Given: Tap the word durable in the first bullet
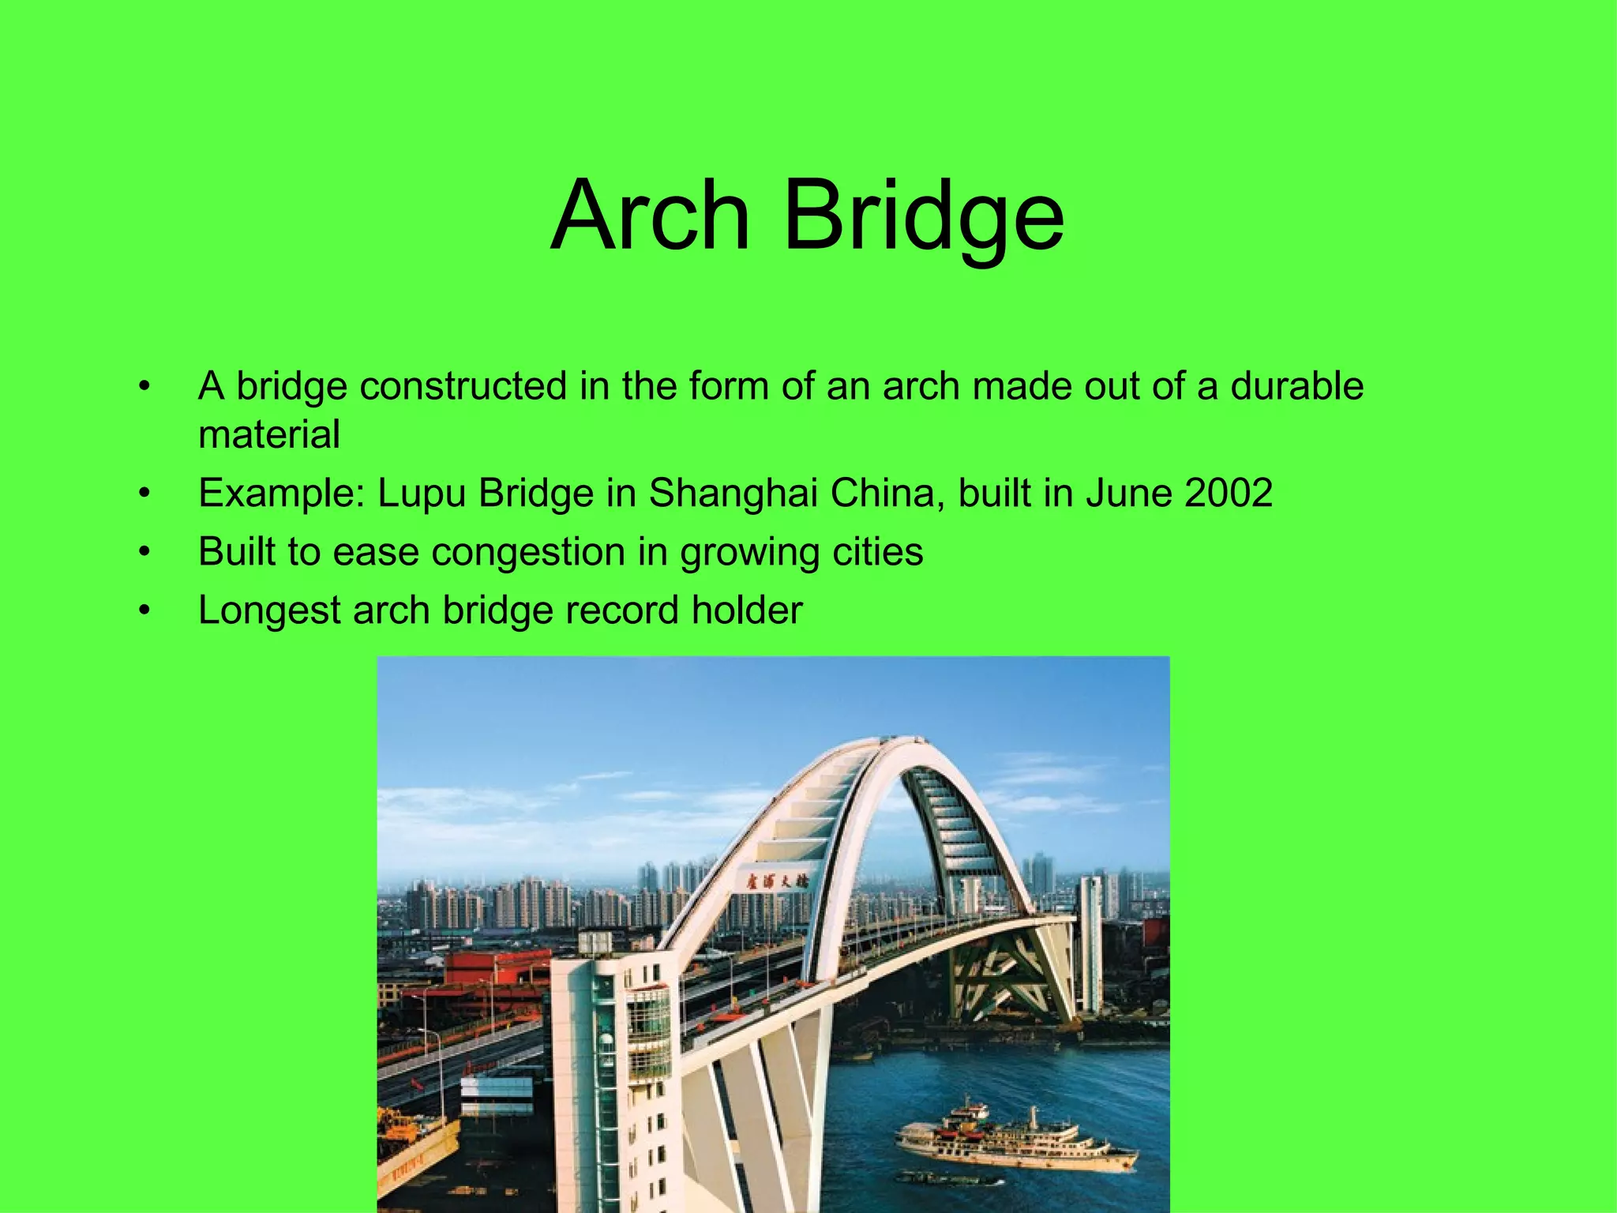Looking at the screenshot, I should click(1296, 386).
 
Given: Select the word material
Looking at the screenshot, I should click(269, 434).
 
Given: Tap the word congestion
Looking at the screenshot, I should click(528, 551).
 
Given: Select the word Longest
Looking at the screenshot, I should click(269, 610).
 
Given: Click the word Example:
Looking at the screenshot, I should click(282, 494).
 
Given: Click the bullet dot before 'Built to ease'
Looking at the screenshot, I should click(144, 552).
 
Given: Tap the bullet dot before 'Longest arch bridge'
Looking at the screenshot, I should click(144, 610).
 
